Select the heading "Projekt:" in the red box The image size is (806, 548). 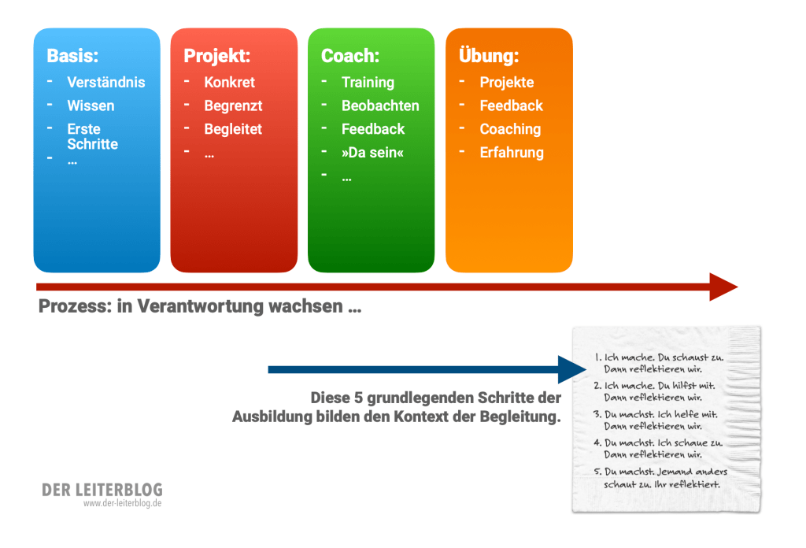coord(216,56)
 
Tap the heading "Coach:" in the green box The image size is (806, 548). coord(350,56)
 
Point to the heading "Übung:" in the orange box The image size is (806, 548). coord(489,56)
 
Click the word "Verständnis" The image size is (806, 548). coord(106,82)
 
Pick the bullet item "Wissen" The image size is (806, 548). coord(91,106)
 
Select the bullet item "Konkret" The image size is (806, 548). coord(230,82)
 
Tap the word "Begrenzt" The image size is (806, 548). coord(233,106)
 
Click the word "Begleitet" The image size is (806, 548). coord(233,129)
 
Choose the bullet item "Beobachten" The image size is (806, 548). coord(380,106)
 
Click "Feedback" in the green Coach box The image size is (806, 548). coord(373,129)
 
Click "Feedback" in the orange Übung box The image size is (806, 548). coord(512,106)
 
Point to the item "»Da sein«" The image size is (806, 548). coord(372,153)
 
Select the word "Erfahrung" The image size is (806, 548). coord(512,153)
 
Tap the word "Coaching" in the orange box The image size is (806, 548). coord(511,129)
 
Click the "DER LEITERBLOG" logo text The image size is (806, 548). coord(102,490)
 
